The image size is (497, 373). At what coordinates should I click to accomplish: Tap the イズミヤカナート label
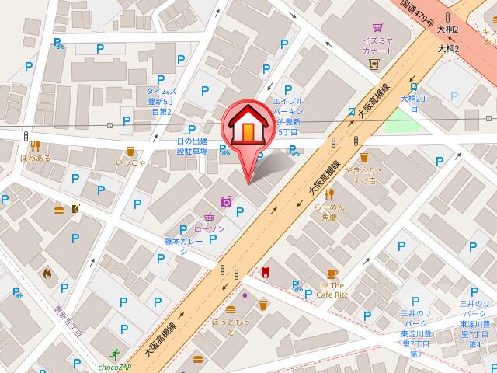[x=377, y=44]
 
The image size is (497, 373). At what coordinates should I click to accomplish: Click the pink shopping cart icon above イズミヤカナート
[x=377, y=24]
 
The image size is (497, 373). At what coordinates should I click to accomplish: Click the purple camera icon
[x=226, y=201]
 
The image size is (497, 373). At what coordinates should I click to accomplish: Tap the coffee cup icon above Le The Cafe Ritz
[x=332, y=273]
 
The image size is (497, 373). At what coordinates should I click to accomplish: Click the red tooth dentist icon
[x=266, y=271]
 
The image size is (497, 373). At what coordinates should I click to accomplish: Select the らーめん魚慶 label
[x=329, y=211]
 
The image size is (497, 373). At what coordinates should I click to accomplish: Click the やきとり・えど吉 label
[x=361, y=175]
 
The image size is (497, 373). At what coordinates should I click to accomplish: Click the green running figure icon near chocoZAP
[x=116, y=353]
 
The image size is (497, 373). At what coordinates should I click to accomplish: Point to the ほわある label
[x=36, y=157]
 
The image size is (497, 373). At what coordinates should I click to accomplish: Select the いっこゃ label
[x=130, y=162]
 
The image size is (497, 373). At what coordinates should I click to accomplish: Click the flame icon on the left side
[x=47, y=273]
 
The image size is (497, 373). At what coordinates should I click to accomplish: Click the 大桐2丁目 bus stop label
[x=414, y=104]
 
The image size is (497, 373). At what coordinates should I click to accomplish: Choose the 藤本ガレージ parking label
[x=183, y=246]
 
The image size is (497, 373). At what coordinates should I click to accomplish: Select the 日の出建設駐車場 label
[x=192, y=145]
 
